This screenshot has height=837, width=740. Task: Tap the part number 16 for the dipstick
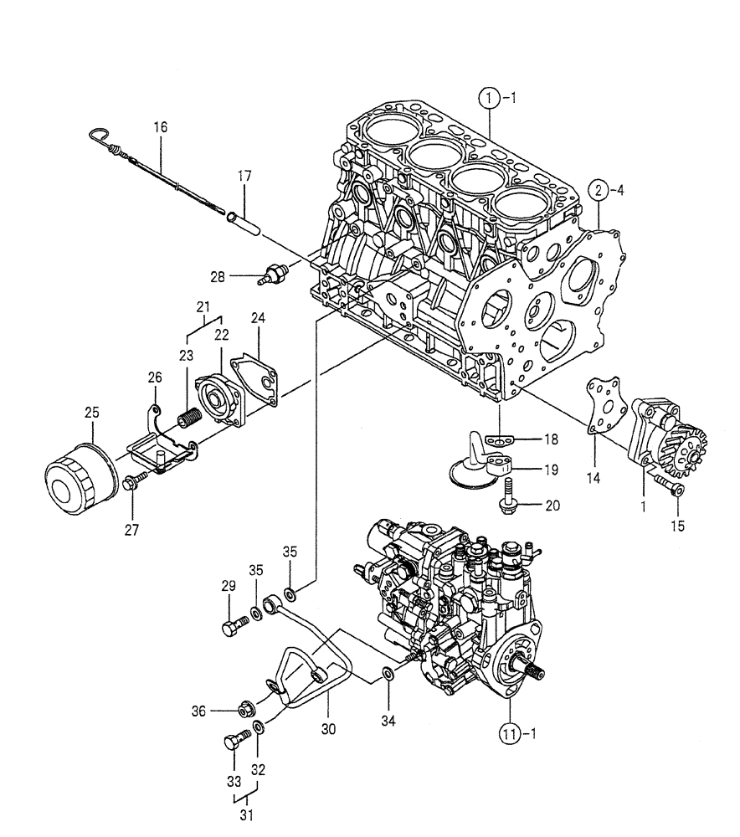pos(160,127)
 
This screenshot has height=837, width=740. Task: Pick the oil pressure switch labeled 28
pos(274,276)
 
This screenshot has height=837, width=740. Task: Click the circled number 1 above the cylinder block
pos(491,98)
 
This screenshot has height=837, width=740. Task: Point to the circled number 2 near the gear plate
pos(598,190)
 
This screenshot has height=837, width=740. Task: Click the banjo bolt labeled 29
pos(234,628)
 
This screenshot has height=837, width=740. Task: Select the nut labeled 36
pos(244,711)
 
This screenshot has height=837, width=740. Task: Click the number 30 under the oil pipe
pos(327,729)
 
